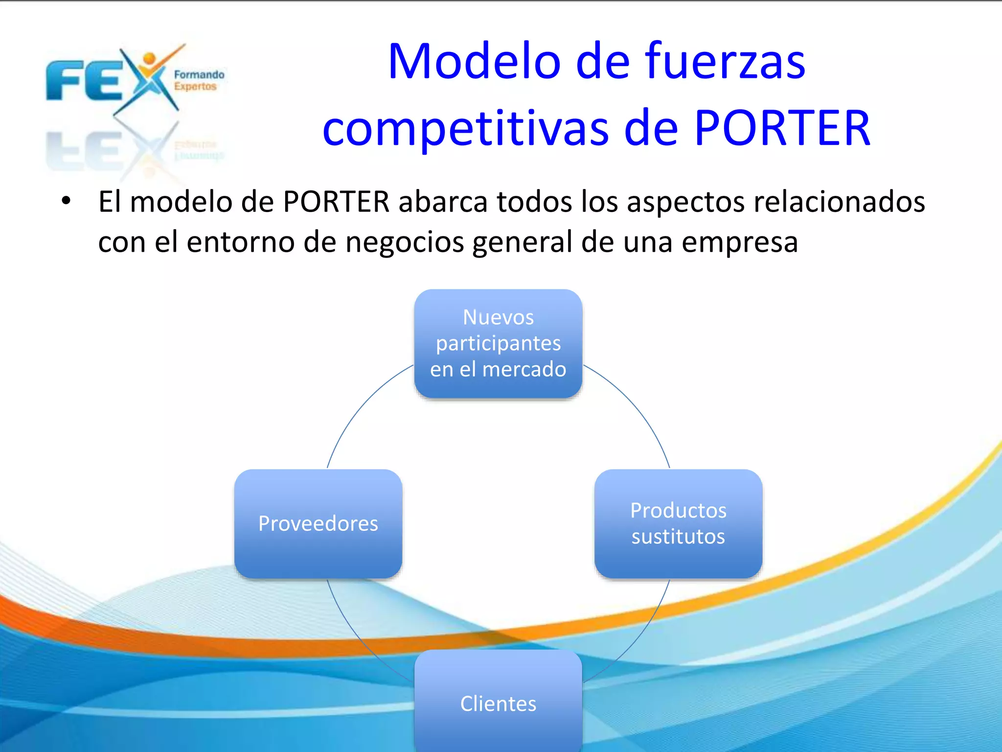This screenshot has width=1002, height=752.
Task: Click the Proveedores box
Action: pyautogui.click(x=318, y=523)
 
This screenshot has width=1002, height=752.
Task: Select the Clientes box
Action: pyautogui.click(x=498, y=703)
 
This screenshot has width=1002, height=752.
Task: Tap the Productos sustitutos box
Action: pyautogui.click(x=678, y=523)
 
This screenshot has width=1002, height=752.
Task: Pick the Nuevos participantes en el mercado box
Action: pyautogui.click(x=498, y=343)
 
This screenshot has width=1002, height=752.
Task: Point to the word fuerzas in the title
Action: pyautogui.click(x=725, y=62)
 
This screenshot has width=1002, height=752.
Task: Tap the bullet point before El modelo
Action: pyautogui.click(x=66, y=201)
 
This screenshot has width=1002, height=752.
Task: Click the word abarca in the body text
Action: pyautogui.click(x=443, y=202)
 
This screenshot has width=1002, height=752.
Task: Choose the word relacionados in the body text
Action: pyautogui.click(x=839, y=202)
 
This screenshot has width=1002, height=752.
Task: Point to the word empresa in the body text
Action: pyautogui.click(x=740, y=242)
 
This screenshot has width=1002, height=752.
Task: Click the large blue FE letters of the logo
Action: pyautogui.click(x=83, y=81)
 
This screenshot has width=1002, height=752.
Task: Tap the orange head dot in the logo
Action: pyautogui.click(x=149, y=59)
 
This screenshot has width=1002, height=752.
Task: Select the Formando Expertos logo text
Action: pyautogui.click(x=198, y=80)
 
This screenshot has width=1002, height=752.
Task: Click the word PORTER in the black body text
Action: pyautogui.click(x=336, y=202)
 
